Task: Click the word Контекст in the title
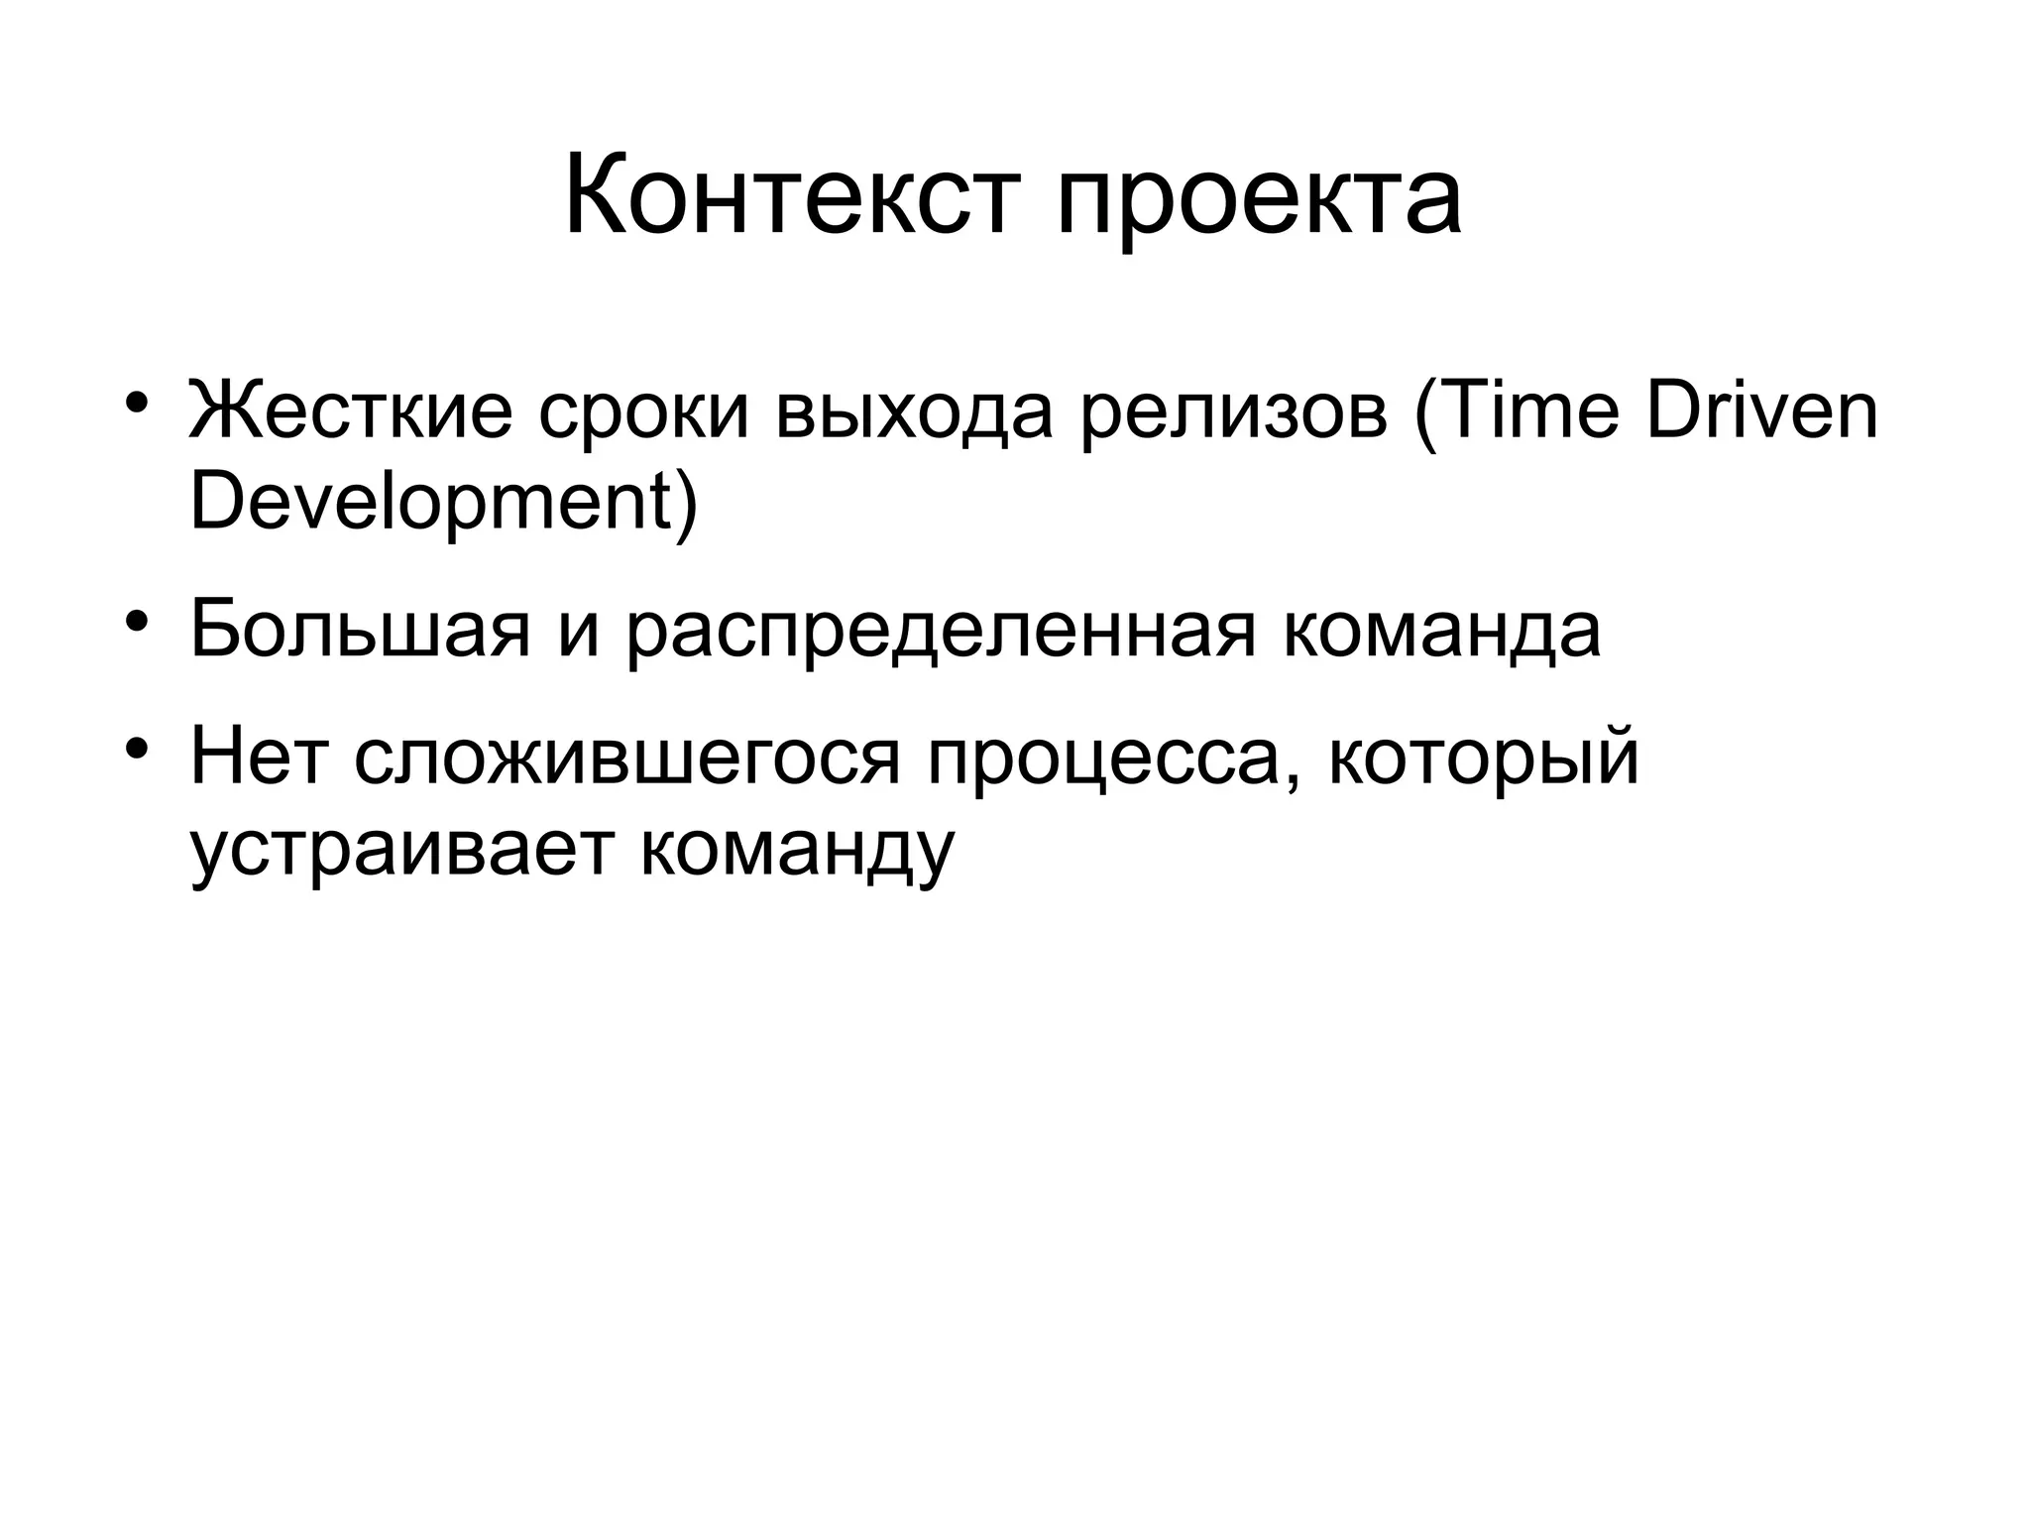(793, 195)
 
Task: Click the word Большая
(360, 630)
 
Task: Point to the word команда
(1441, 630)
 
